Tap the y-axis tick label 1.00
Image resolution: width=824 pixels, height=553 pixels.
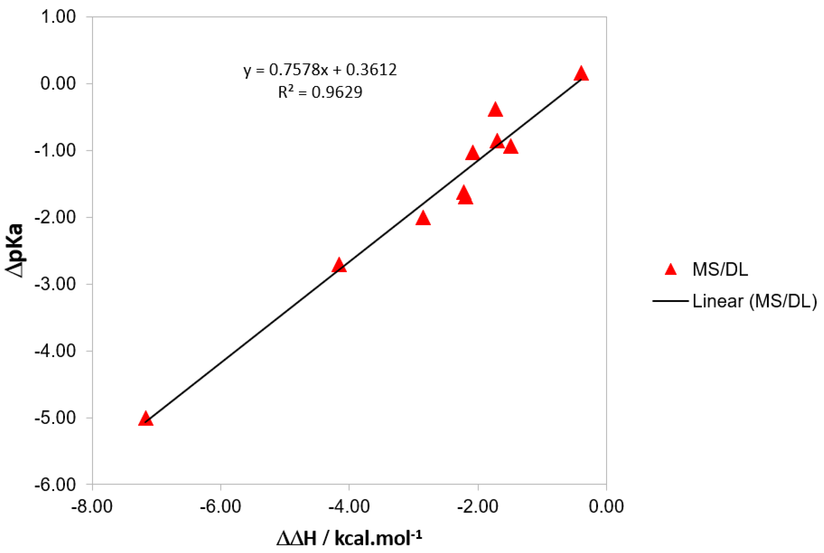tap(58, 17)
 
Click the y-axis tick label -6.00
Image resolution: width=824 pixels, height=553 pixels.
tap(55, 484)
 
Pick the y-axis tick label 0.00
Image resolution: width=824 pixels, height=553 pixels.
tap(58, 84)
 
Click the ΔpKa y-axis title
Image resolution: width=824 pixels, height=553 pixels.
tap(15, 250)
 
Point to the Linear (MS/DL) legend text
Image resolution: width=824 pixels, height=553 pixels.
tap(754, 301)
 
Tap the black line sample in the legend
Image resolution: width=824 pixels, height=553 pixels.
tap(670, 301)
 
